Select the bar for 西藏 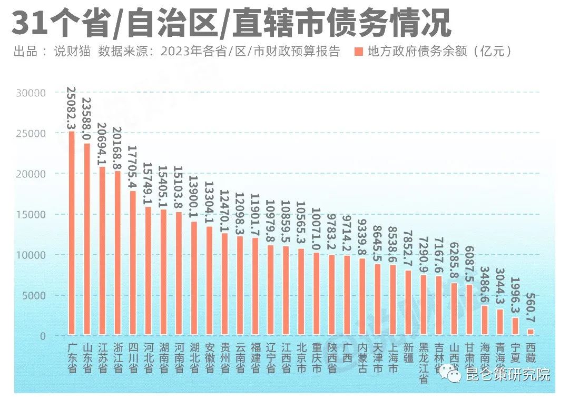pos(531,332)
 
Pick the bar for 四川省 pos(133,263)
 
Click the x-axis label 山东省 pos(87,358)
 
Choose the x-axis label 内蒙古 pos(362,358)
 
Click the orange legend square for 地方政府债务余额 pos(359,52)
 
